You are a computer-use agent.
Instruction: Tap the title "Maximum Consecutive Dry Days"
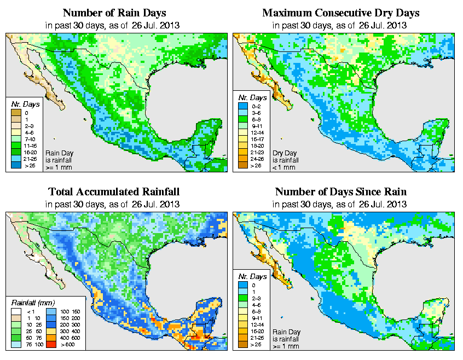(x=341, y=13)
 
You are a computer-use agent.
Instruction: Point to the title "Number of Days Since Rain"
(x=341, y=192)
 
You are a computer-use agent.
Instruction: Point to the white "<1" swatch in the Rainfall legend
(x=16, y=311)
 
